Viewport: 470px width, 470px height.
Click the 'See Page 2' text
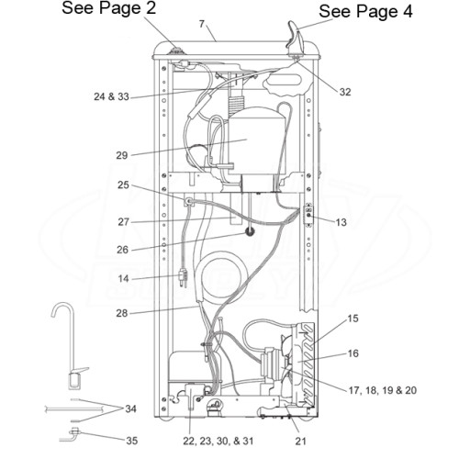109,7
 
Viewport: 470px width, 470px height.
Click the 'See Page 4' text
365,12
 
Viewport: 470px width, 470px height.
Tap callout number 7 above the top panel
202,24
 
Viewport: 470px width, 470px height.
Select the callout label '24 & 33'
111,96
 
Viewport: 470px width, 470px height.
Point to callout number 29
121,155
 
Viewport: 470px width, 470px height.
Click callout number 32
345,92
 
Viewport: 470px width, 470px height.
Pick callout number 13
341,222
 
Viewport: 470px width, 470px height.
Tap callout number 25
123,185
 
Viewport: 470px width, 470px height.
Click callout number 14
123,278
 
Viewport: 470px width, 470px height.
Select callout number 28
121,313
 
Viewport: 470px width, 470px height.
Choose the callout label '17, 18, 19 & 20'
383,390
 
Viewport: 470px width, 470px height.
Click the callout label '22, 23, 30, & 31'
218,441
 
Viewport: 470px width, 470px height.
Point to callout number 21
300,441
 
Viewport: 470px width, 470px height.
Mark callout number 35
132,441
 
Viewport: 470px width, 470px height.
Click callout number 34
130,408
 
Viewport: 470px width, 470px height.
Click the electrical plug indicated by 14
184,278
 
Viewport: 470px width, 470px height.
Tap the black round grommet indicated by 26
250,232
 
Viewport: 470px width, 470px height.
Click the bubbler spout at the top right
295,37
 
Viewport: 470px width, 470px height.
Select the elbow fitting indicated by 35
71,434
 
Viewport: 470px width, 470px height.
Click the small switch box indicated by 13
308,215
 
